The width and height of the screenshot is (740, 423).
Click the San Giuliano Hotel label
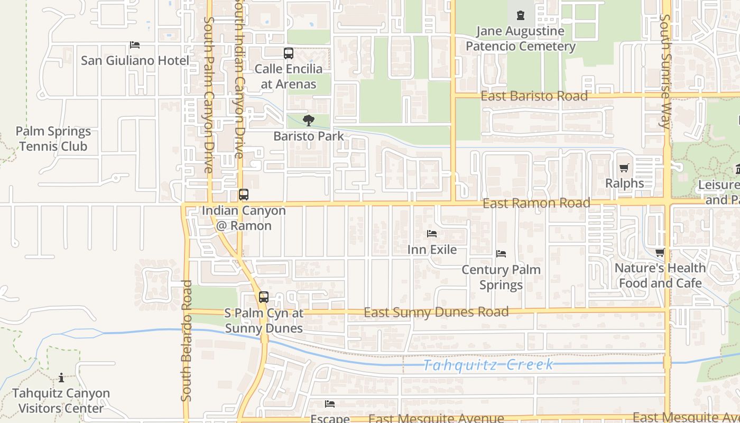(135, 60)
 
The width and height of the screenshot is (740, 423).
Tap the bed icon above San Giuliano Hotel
(135, 45)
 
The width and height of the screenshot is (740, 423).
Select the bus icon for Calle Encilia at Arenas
(288, 53)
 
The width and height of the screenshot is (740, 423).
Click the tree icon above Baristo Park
(309, 121)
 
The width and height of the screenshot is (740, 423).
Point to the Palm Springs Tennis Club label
(53, 139)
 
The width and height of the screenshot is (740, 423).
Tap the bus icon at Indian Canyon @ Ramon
(243, 195)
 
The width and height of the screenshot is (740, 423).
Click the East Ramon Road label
(536, 203)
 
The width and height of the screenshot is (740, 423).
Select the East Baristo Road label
(534, 96)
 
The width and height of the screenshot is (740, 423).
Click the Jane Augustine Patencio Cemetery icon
(521, 15)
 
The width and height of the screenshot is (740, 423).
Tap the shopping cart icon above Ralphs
(624, 168)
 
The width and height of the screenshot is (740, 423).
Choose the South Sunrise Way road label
(665, 71)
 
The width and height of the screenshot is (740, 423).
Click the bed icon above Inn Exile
(432, 234)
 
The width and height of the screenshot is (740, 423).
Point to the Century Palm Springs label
(501, 277)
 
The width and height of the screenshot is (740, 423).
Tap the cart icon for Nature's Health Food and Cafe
(660, 253)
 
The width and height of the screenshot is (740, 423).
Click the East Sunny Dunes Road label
(436, 312)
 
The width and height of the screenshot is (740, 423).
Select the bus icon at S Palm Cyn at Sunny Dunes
(264, 297)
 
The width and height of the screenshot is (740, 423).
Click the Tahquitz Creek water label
(489, 364)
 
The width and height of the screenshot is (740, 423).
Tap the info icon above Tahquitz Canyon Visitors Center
(61, 378)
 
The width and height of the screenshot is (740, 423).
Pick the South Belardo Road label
(186, 341)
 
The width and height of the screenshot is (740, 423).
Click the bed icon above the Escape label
(330, 404)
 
